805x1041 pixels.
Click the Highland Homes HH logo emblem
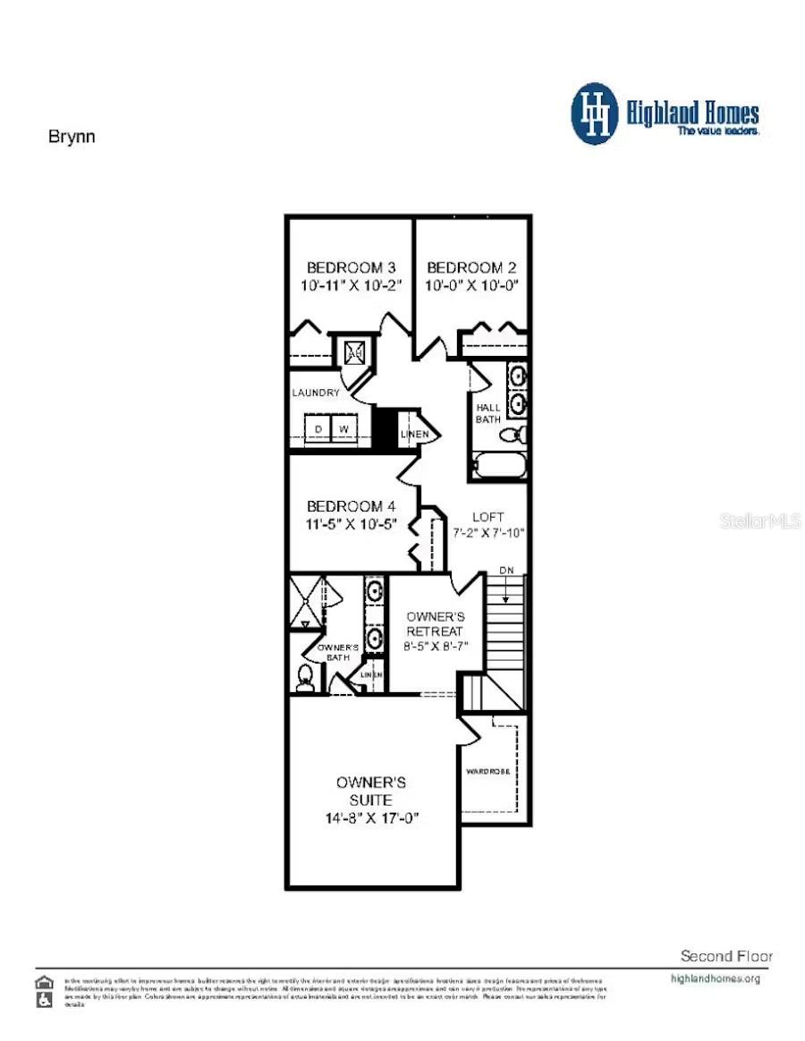coord(595,114)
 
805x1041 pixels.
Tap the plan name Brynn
coord(71,137)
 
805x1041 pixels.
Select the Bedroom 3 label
coord(352,267)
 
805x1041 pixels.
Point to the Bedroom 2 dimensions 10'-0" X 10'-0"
coord(473,285)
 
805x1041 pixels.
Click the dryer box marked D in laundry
coord(317,429)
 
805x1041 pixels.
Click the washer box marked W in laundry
coord(343,429)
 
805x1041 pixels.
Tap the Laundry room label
coord(316,393)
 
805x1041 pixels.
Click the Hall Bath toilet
coord(511,436)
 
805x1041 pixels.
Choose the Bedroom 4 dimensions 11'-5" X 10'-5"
coord(352,522)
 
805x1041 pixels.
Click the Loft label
coord(487,516)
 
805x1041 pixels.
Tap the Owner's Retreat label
coord(435,624)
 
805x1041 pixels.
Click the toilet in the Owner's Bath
coord(305,679)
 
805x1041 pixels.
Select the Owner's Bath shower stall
coord(306,603)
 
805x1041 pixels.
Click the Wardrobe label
coord(487,771)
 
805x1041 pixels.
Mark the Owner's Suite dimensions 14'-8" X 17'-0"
coord(372,818)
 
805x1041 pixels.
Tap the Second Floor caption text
coord(726,955)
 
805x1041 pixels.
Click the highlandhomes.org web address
coord(715,978)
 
